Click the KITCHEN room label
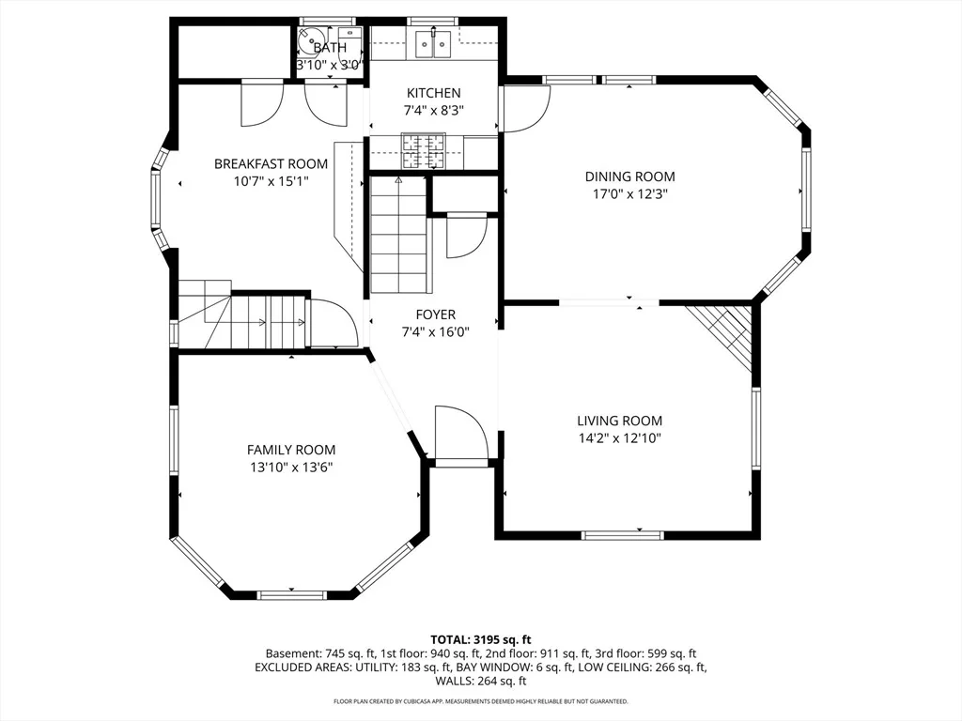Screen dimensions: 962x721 pos(434,93)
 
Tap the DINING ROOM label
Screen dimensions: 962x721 pos(630,176)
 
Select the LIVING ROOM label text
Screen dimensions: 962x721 pos(620,421)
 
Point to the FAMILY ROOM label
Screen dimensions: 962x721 pos(291,450)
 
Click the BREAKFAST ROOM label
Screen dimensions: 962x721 pos(271,163)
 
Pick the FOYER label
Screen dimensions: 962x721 pos(436,315)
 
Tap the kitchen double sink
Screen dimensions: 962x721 pos(433,43)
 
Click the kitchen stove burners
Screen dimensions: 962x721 pos(424,151)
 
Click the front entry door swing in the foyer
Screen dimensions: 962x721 pos(460,432)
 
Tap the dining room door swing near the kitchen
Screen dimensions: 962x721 pos(526,109)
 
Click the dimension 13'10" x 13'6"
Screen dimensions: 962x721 pos(291,468)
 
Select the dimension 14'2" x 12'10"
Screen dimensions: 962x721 pos(620,438)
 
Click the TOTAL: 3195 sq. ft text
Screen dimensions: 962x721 pos(480,640)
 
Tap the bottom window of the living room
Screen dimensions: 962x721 pos(623,535)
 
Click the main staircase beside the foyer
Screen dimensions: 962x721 pos(398,236)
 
